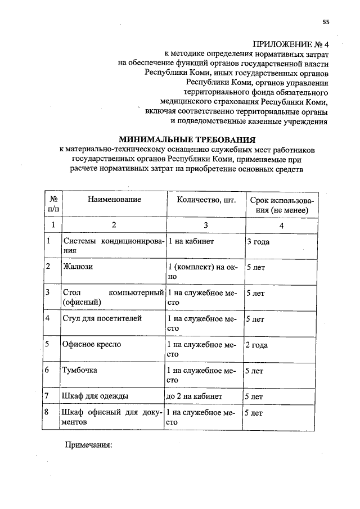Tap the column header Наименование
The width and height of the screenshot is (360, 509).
(114, 200)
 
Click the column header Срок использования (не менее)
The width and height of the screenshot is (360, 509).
(282, 205)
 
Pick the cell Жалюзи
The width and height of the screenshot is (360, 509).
(79, 267)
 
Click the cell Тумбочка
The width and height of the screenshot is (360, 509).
(81, 370)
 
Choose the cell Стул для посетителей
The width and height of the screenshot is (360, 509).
(94, 318)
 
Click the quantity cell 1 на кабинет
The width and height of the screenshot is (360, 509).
(191, 241)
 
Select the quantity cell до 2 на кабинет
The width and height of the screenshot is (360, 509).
(194, 397)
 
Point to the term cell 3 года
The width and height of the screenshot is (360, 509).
(258, 242)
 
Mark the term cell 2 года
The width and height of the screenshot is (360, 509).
(256, 344)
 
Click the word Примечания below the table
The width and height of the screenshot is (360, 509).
(89, 445)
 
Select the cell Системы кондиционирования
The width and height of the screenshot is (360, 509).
(114, 246)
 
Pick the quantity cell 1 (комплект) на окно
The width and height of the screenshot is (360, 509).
(201, 272)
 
